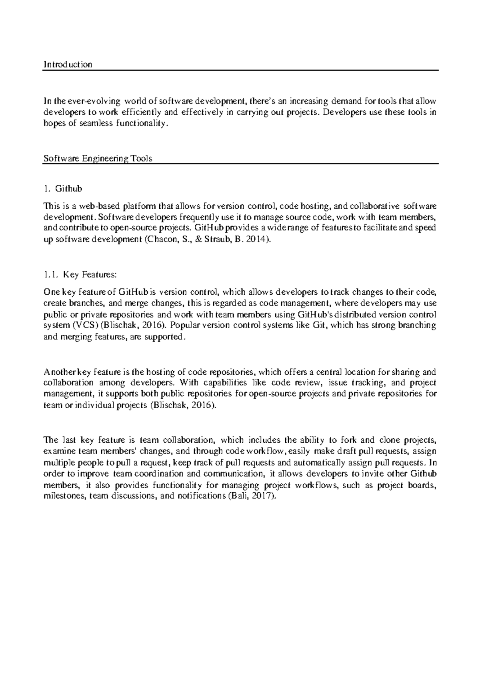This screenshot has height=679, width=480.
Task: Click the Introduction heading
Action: tap(68, 64)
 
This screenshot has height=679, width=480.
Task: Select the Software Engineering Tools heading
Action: tap(98, 158)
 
